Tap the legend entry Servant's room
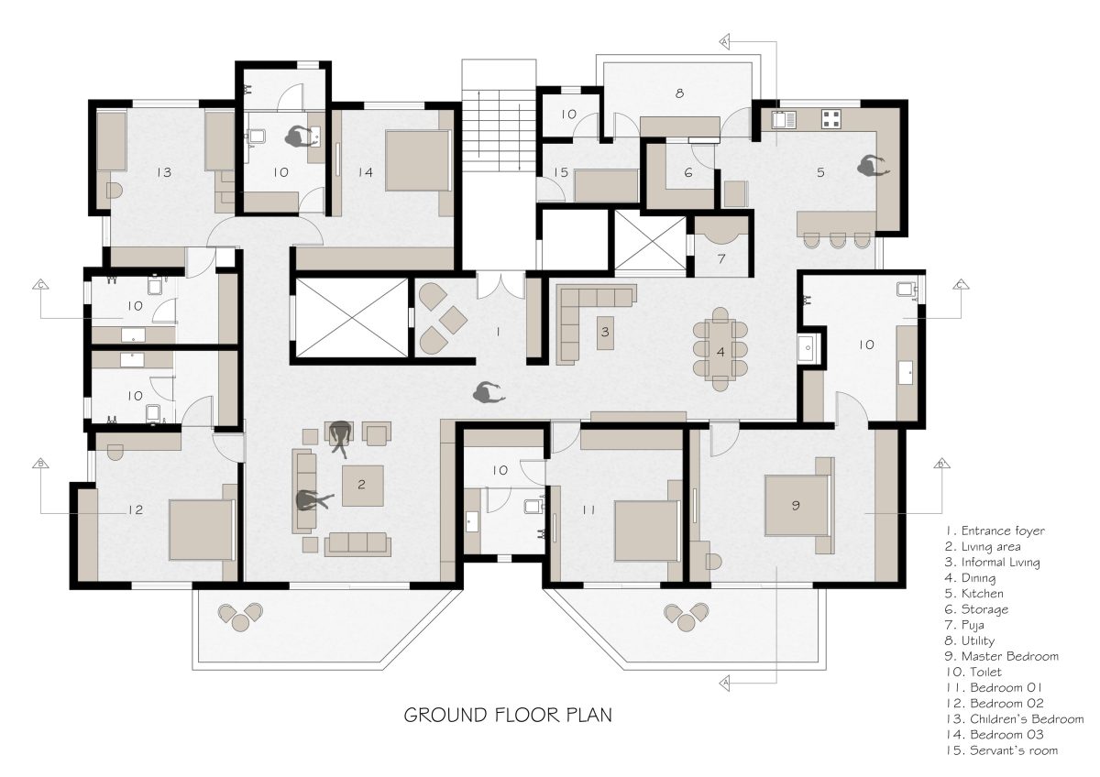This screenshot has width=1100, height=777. pos(1001,750)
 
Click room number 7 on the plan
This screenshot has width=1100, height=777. pos(720,259)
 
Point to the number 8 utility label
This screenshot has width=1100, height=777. pos(679,93)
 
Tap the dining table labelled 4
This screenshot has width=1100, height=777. pos(720,349)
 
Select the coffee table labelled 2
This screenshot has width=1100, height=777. pos(362,486)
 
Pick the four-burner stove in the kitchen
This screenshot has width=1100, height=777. pos(831,117)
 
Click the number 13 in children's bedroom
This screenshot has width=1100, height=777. pos(164,171)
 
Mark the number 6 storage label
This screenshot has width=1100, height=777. pos(687,172)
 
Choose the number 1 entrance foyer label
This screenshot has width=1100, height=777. pos(498,332)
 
